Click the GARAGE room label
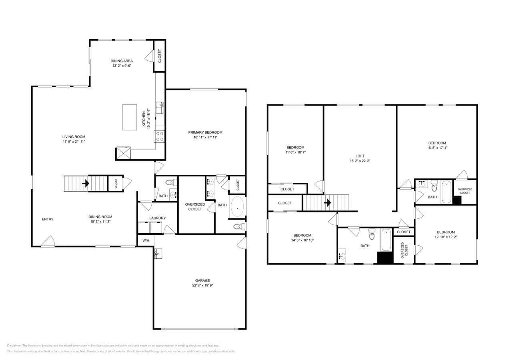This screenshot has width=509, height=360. pos(202,280)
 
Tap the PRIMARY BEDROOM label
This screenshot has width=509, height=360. pos(205,132)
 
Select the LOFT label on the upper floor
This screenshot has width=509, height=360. pos(360,156)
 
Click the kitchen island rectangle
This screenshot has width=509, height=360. pos(129,117)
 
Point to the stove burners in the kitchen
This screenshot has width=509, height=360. pos(159,136)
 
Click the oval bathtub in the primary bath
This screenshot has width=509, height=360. pos(237,207)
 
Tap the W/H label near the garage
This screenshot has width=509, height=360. pos(146,240)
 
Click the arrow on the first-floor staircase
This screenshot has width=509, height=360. pos(85,184)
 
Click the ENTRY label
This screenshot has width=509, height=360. pos(48,219)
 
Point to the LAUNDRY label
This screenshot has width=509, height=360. pos(157,218)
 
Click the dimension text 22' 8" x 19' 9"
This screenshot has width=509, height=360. pos(202,286)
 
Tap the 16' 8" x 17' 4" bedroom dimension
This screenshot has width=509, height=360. pos(437,148)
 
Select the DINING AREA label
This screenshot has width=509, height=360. pos(122,61)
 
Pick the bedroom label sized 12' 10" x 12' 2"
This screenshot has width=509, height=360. pos(445,232)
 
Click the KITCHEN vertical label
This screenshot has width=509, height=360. pos(144,119)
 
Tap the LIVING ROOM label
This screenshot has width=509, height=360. pos(74,136)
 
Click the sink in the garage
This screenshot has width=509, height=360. pos(158,253)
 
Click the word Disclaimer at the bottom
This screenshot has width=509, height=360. pos(14,346)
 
